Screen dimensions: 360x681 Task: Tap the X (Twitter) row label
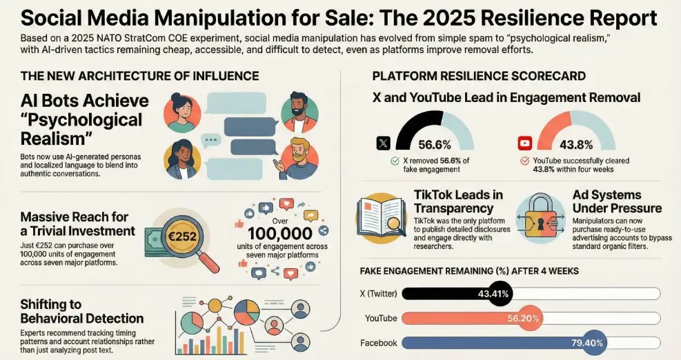(379, 294)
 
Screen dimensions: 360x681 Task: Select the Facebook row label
(379, 343)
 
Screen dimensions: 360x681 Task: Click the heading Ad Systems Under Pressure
(616, 202)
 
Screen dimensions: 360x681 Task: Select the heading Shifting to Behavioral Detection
(82, 312)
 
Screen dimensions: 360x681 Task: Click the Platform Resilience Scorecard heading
(479, 76)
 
